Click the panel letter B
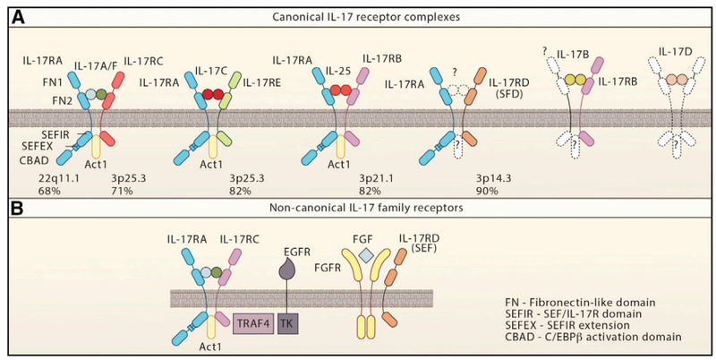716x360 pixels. point(13,212)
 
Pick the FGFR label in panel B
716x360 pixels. point(327,267)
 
